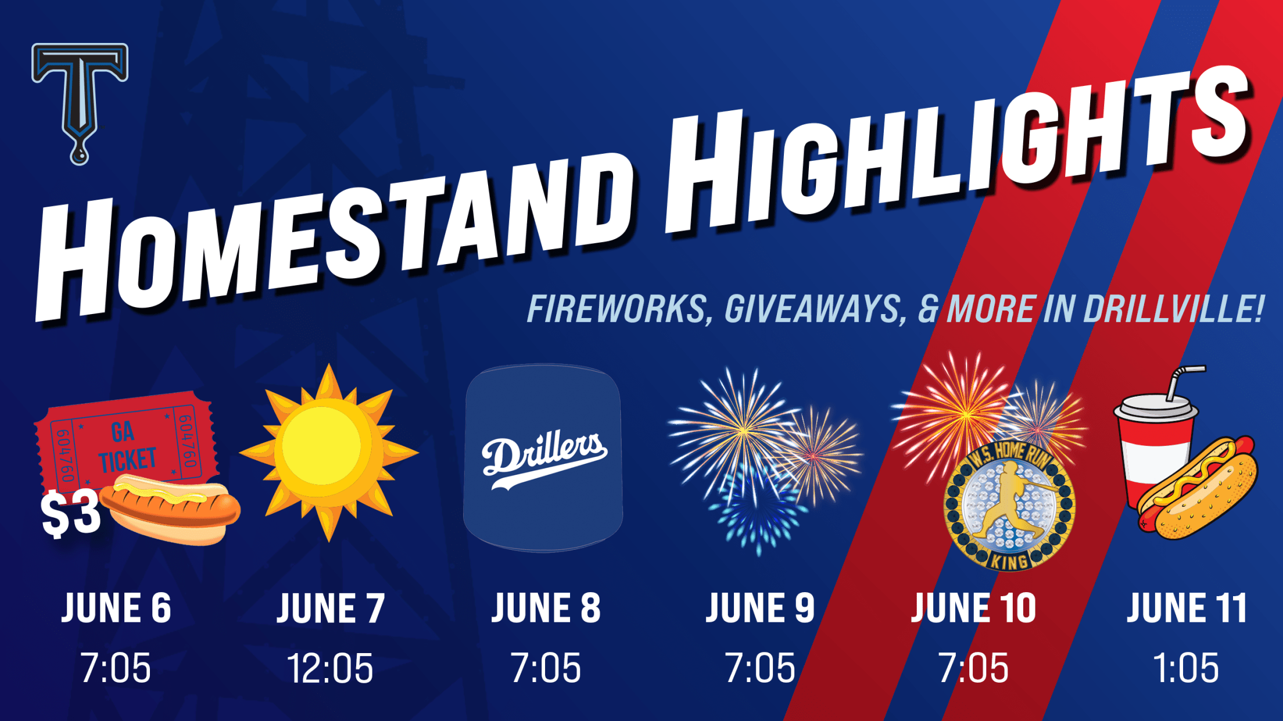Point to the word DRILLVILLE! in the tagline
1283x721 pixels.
pos(1174,308)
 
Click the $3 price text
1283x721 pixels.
pos(71,514)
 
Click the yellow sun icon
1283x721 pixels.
pos(329,452)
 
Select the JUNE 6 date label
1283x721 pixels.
pos(116,608)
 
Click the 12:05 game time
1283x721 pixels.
pos(330,668)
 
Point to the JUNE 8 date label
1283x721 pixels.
pos(546,608)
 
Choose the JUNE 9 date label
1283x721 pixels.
pos(760,608)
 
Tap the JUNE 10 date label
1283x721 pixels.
pos(973,608)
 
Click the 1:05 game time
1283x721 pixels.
pos(1185,668)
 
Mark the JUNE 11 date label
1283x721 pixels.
pos(1187,608)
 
